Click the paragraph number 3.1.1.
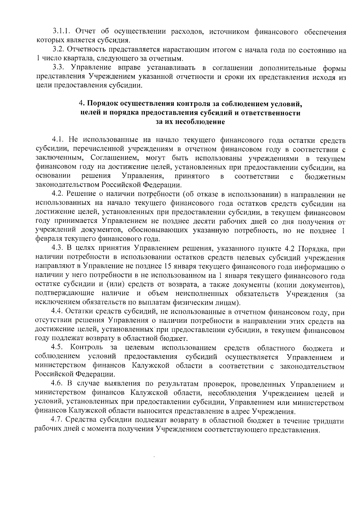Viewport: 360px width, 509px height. (x=62, y=31)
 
